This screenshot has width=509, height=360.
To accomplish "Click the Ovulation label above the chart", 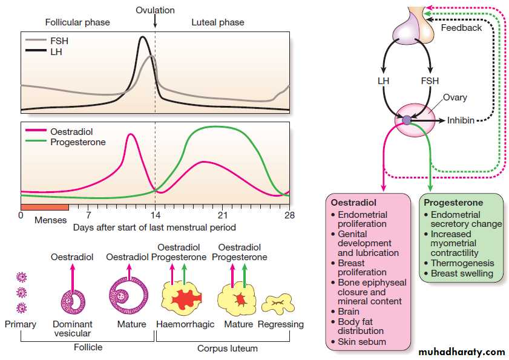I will [155, 10].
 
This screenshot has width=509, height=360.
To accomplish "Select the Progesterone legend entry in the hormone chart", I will [77, 142].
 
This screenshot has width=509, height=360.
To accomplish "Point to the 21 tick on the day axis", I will [222, 215].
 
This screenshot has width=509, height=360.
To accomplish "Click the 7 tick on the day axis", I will [88, 215].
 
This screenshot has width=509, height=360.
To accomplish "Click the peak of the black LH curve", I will [143, 38].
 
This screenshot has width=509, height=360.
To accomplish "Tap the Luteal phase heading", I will [218, 22].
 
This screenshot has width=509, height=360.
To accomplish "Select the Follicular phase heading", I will [77, 22].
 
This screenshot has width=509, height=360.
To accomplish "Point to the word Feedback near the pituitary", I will [461, 28].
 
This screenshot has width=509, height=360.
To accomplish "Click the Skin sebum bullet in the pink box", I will [361, 342].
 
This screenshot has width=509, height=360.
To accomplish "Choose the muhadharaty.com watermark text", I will [461, 352].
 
